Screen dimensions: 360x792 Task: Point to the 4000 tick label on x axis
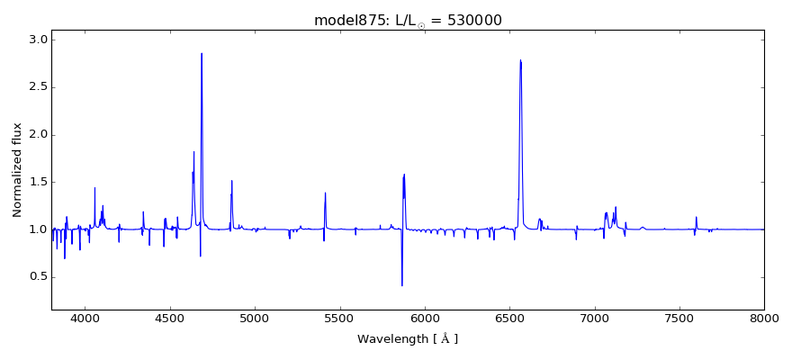pyautogui.click(x=85, y=318)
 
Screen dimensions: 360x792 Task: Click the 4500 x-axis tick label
pyautogui.click(x=170, y=318)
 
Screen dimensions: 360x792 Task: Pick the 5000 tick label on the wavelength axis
pyautogui.click(x=255, y=318)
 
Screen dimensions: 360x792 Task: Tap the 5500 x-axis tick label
pyautogui.click(x=340, y=318)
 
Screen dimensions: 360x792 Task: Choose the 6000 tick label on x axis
pyautogui.click(x=425, y=318)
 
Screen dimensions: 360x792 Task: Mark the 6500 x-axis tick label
pyautogui.click(x=509, y=318)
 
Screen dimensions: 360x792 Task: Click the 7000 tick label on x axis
pyautogui.click(x=595, y=318)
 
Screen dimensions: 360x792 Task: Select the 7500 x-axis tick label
pyautogui.click(x=679, y=318)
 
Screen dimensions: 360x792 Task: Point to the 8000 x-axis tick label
pyautogui.click(x=764, y=318)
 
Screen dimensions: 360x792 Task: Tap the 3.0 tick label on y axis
pyautogui.click(x=37, y=40)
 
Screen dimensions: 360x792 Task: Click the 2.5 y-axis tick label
pyautogui.click(x=37, y=87)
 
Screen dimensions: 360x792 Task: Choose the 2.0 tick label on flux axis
pyautogui.click(x=37, y=135)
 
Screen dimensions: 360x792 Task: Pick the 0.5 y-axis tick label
pyautogui.click(x=37, y=276)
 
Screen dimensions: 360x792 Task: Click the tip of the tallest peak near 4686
pyautogui.click(x=202, y=53)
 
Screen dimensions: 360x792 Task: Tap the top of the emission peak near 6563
pyautogui.click(x=520, y=60)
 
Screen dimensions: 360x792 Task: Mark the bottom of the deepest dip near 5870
pyautogui.click(x=402, y=285)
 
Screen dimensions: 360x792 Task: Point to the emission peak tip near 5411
pyautogui.click(x=325, y=193)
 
